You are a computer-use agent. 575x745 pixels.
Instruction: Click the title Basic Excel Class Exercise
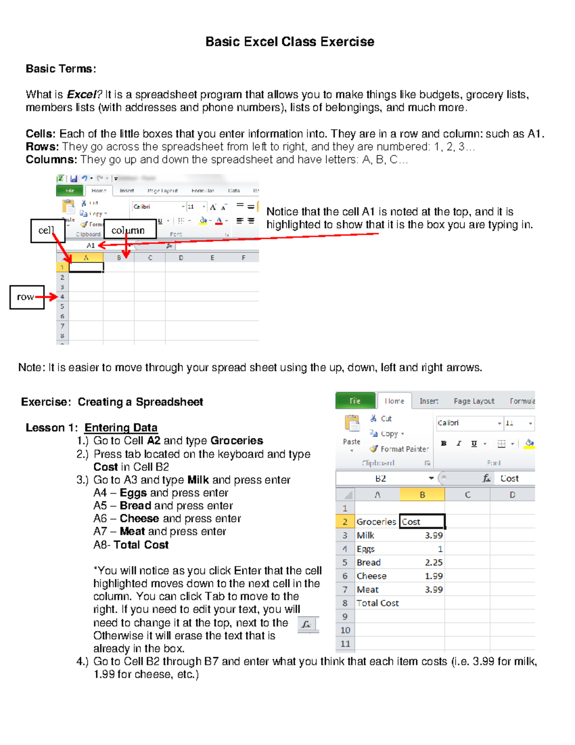289,42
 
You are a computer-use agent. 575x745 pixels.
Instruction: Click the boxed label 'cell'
46,230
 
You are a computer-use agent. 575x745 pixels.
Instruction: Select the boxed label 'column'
128,230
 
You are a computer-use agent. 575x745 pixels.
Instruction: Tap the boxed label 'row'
26,297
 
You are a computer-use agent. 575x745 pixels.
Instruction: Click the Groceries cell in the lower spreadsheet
376,521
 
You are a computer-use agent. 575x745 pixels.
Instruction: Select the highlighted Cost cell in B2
422,521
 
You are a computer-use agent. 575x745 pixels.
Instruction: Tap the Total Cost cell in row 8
378,603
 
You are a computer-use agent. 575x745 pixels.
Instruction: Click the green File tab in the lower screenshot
355,401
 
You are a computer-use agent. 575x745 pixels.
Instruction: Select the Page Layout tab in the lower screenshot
473,401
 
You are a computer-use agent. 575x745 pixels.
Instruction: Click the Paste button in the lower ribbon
352,430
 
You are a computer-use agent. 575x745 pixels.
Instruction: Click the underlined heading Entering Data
121,427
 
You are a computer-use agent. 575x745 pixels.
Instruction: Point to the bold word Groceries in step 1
237,440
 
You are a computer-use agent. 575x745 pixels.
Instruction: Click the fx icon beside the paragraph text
307,625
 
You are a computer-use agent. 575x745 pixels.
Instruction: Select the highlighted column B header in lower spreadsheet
422,495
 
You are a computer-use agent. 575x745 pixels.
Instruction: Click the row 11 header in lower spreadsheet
345,644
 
